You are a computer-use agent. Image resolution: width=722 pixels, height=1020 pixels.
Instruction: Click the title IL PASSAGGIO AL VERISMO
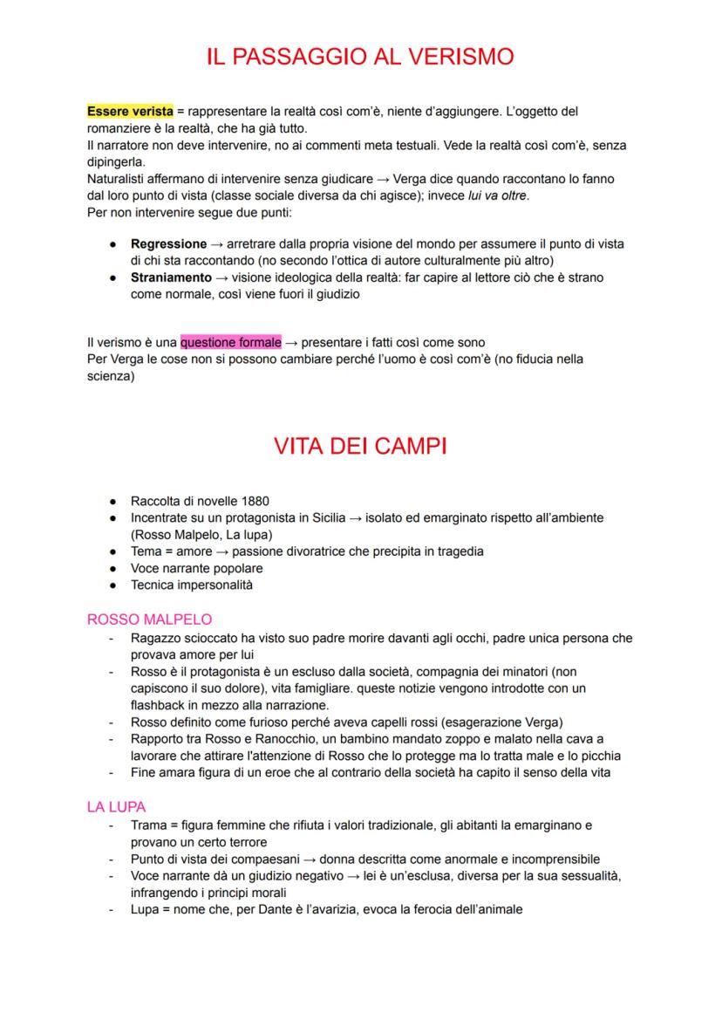pyautogui.click(x=360, y=57)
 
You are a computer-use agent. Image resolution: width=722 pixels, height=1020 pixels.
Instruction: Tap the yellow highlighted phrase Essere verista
pyautogui.click(x=130, y=112)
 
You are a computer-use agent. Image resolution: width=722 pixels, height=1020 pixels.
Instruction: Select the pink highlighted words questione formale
pyautogui.click(x=230, y=342)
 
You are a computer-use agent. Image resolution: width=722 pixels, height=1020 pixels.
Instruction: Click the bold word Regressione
pyautogui.click(x=168, y=244)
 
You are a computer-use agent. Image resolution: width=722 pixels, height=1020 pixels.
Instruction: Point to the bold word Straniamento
pyautogui.click(x=171, y=277)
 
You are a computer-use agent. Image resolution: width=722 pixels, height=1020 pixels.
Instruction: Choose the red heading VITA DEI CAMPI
pyautogui.click(x=360, y=447)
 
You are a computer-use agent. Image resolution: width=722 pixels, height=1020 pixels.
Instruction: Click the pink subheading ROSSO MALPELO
pyautogui.click(x=149, y=620)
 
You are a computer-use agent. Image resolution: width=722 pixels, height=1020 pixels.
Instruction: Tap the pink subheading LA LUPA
pyautogui.click(x=116, y=807)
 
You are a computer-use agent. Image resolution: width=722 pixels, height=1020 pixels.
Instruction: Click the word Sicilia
pyautogui.click(x=323, y=518)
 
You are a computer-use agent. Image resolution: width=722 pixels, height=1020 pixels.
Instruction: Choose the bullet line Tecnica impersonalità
pyautogui.click(x=191, y=585)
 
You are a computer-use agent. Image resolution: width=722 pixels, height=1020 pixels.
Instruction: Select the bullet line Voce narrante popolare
pyautogui.click(x=196, y=568)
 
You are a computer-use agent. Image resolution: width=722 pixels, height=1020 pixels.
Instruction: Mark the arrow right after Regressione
pyautogui.click(x=218, y=244)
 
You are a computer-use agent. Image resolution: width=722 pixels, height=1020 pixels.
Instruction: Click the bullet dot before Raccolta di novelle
pyautogui.click(x=112, y=502)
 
